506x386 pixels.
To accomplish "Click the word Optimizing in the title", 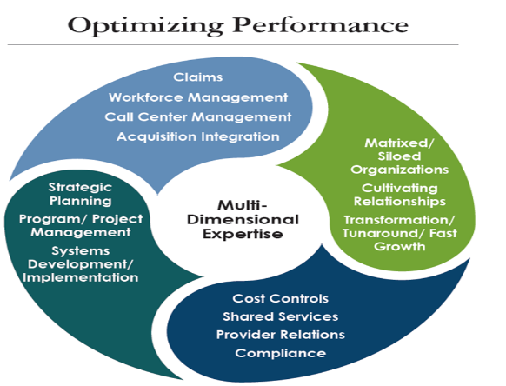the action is [x=145, y=26].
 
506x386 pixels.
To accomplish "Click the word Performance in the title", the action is [x=321, y=25].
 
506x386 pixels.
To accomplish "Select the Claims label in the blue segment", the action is [x=198, y=77].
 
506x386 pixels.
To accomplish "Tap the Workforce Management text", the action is [x=198, y=97].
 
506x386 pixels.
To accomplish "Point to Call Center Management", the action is [x=198, y=116].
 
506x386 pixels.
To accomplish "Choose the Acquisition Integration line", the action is [x=198, y=136].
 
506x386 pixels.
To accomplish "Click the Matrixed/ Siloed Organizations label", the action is [x=400, y=156].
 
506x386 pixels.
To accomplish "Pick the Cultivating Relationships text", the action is [x=400, y=195].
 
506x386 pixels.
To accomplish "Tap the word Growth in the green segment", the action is [x=400, y=247].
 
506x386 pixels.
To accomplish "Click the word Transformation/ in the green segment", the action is [x=400, y=220].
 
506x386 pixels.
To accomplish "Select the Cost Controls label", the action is [x=281, y=298].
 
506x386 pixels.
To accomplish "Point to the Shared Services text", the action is [x=281, y=316].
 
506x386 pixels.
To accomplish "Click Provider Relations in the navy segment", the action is [x=281, y=335].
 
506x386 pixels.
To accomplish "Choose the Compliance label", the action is [x=281, y=353].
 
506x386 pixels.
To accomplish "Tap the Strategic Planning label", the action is [x=80, y=194].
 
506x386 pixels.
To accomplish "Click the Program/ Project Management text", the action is [x=81, y=225].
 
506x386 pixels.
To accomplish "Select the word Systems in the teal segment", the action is [x=81, y=251].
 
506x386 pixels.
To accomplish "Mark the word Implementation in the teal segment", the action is [x=81, y=277].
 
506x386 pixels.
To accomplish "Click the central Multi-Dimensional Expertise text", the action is [x=243, y=219].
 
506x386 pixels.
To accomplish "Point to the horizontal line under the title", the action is [x=233, y=44].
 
